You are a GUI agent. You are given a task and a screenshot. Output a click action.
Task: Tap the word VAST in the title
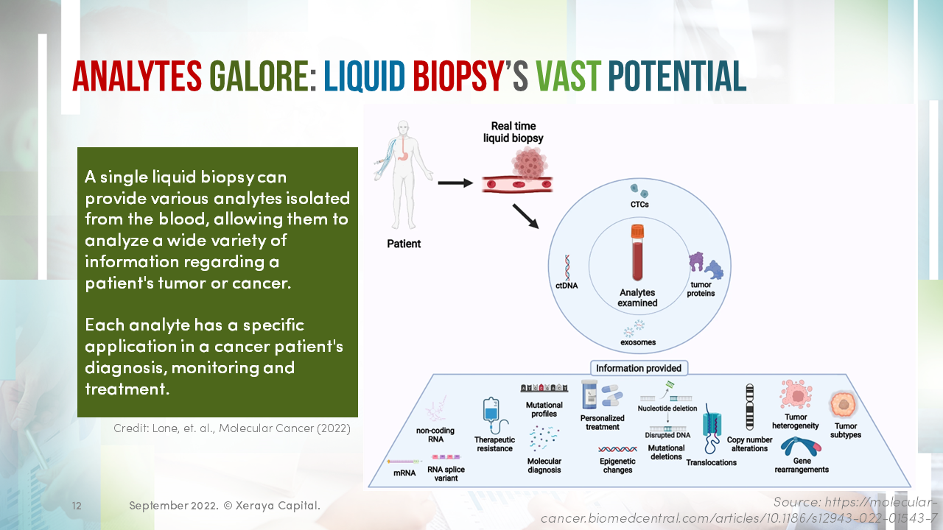(x=567, y=76)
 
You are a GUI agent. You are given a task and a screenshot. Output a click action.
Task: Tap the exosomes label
(x=638, y=342)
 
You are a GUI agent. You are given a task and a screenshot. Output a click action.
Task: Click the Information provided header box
(x=638, y=368)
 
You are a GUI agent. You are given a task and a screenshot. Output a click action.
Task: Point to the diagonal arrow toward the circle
(x=526, y=214)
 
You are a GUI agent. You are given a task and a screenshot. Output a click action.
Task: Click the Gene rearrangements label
(x=802, y=465)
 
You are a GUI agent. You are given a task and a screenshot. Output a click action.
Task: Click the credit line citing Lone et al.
(x=232, y=428)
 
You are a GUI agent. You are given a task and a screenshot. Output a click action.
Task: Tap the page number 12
(x=77, y=506)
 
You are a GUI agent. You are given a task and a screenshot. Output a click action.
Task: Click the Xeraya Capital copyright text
(x=225, y=506)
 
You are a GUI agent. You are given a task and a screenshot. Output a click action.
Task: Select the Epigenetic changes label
(x=617, y=465)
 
